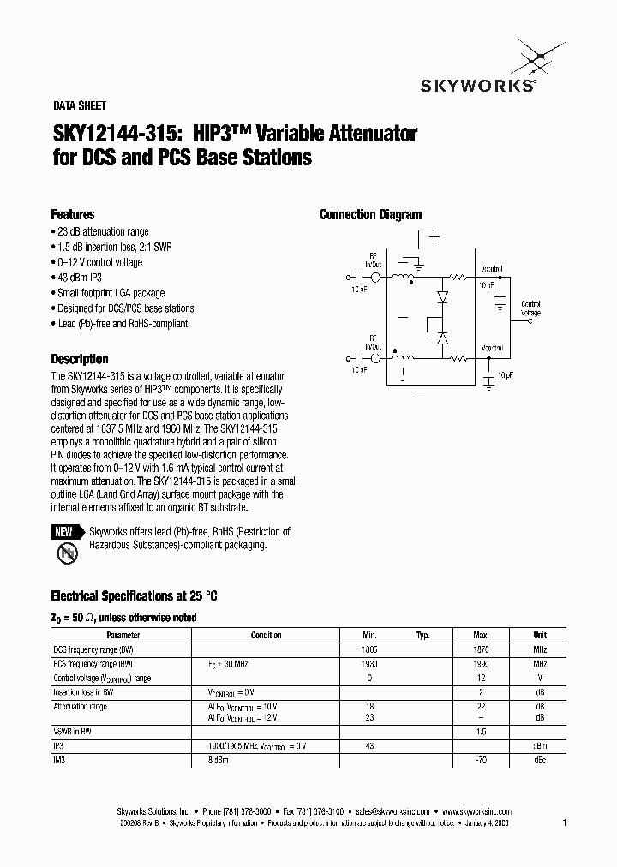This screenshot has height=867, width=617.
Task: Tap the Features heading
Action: [73, 215]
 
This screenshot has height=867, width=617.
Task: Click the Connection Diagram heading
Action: [370, 215]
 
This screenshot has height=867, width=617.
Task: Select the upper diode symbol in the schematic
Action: [442, 296]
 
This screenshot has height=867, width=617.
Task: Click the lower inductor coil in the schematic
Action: [401, 359]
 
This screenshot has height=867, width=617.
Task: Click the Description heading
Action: [80, 359]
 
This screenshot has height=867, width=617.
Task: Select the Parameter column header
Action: [123, 635]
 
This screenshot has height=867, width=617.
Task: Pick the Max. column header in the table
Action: [481, 635]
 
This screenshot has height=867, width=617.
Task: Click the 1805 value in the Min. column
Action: [370, 649]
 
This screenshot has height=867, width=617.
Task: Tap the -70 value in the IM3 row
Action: [481, 760]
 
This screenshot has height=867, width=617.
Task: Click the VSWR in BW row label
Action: [72, 732]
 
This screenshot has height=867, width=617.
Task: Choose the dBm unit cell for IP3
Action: [540, 746]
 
